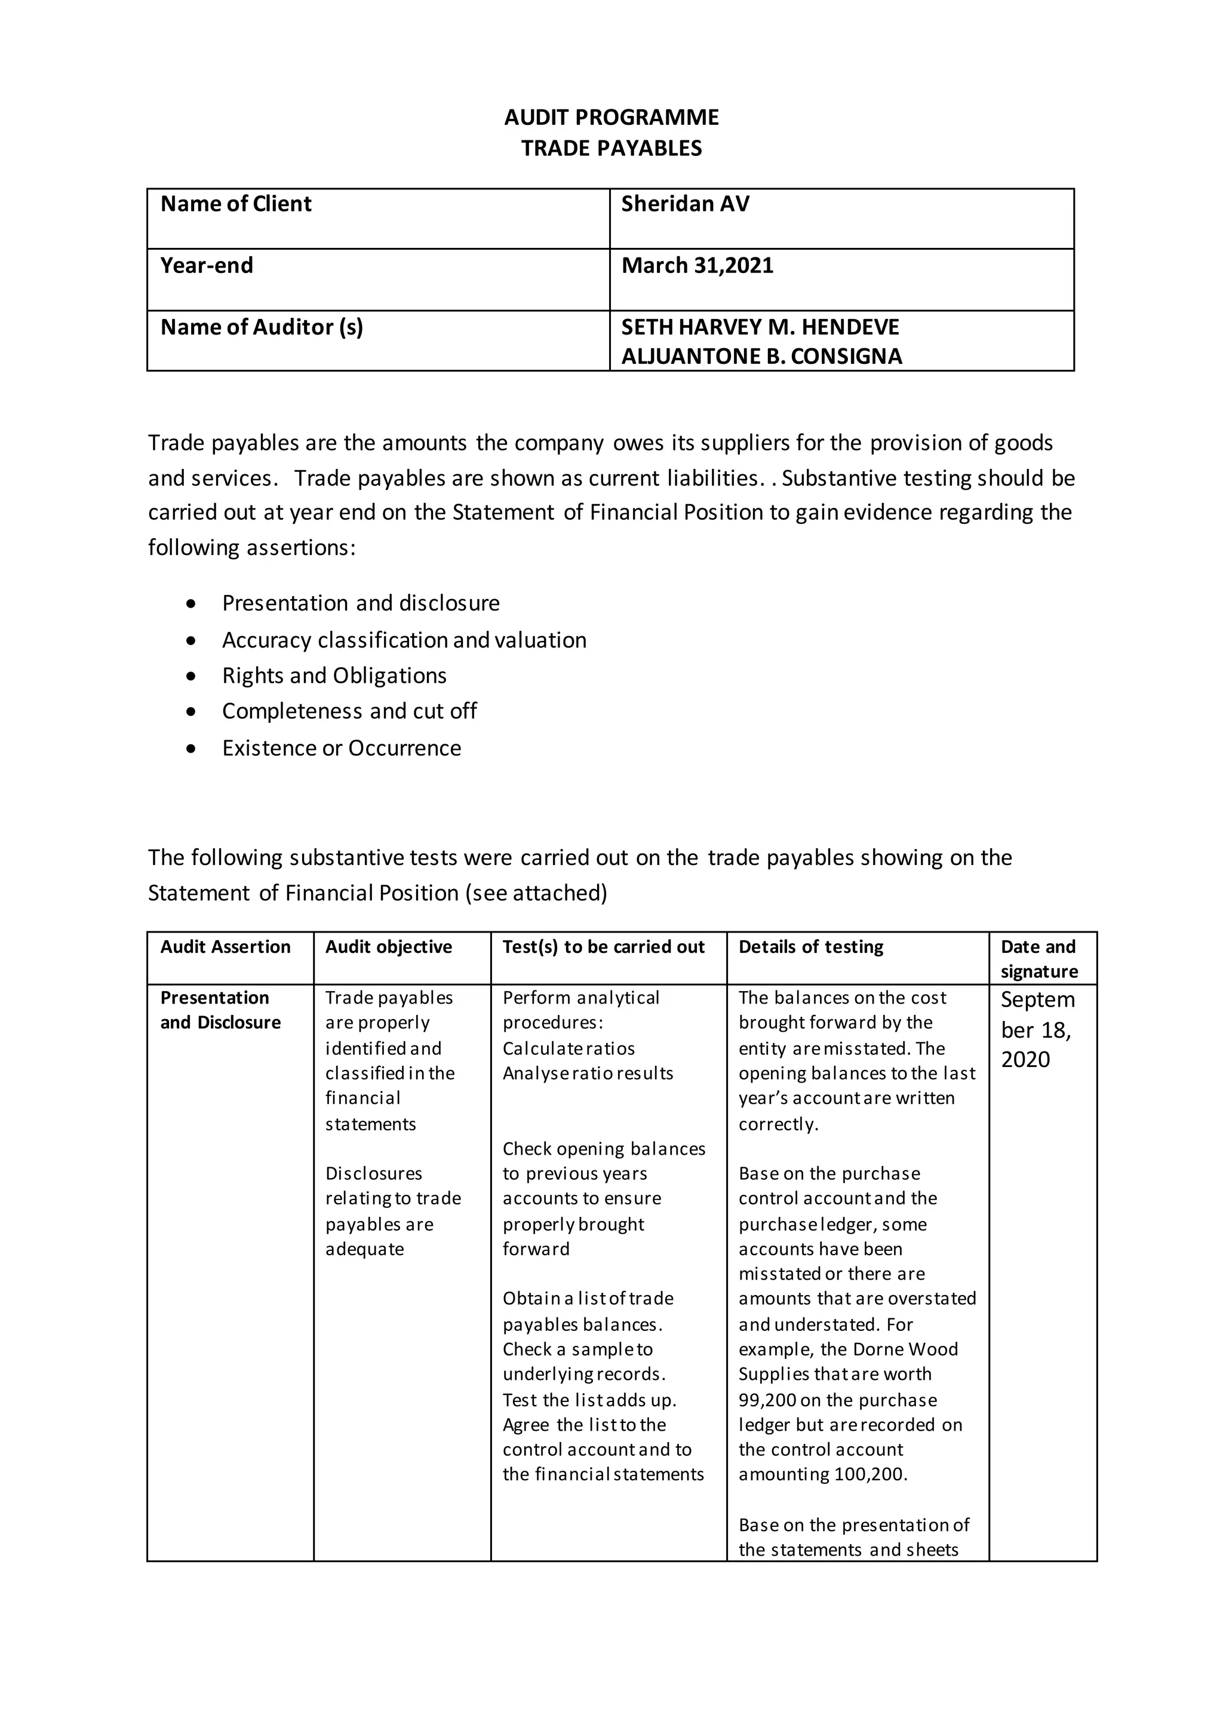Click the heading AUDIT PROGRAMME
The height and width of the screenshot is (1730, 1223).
(611, 118)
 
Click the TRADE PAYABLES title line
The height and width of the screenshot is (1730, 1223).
(611, 148)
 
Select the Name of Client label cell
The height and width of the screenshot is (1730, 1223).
(236, 204)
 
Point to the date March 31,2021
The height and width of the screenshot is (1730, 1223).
(697, 266)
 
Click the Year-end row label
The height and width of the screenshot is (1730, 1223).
(207, 266)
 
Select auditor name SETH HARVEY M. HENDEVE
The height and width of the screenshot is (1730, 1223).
(760, 327)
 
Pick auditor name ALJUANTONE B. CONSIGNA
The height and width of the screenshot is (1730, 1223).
(761, 357)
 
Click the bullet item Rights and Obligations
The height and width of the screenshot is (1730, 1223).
(334, 676)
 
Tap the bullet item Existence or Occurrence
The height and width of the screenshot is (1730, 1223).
(341, 748)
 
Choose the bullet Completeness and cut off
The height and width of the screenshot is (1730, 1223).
(349, 711)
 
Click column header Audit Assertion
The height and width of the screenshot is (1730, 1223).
(225, 947)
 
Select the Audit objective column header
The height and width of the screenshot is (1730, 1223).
(389, 947)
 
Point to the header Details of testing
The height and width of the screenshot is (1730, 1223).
(810, 947)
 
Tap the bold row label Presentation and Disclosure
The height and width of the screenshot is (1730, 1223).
(220, 1010)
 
